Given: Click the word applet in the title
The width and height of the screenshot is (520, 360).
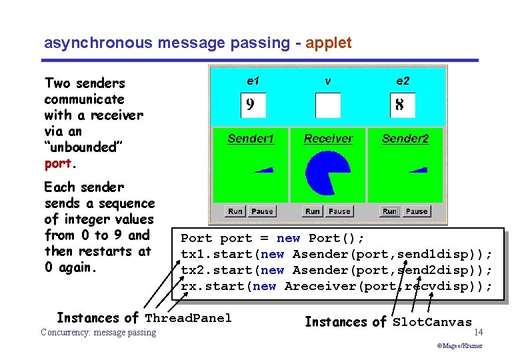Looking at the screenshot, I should click(x=329, y=43).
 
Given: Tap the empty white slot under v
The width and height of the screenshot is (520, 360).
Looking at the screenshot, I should click(x=327, y=105).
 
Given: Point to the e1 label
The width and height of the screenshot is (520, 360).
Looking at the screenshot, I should click(x=253, y=81).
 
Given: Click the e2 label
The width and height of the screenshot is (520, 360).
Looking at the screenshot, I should click(x=403, y=81).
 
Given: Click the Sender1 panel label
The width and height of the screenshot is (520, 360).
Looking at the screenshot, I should click(x=251, y=139).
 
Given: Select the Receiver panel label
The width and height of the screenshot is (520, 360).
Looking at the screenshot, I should click(x=328, y=139).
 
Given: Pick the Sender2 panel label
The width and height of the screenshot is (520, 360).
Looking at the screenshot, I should click(x=405, y=139).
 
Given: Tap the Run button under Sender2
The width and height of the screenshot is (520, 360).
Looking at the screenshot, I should click(x=389, y=211).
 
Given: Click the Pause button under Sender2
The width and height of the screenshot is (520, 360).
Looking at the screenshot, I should click(x=417, y=211).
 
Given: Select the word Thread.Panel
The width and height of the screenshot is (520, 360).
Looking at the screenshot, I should click(x=189, y=318).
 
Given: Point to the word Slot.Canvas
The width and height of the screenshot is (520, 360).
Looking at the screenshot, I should click(x=432, y=323).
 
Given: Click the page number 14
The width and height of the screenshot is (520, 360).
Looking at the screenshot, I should click(x=479, y=331).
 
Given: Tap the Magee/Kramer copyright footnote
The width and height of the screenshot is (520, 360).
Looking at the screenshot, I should click(x=459, y=346).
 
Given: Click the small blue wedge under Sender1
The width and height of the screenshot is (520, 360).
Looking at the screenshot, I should click(x=264, y=170).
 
